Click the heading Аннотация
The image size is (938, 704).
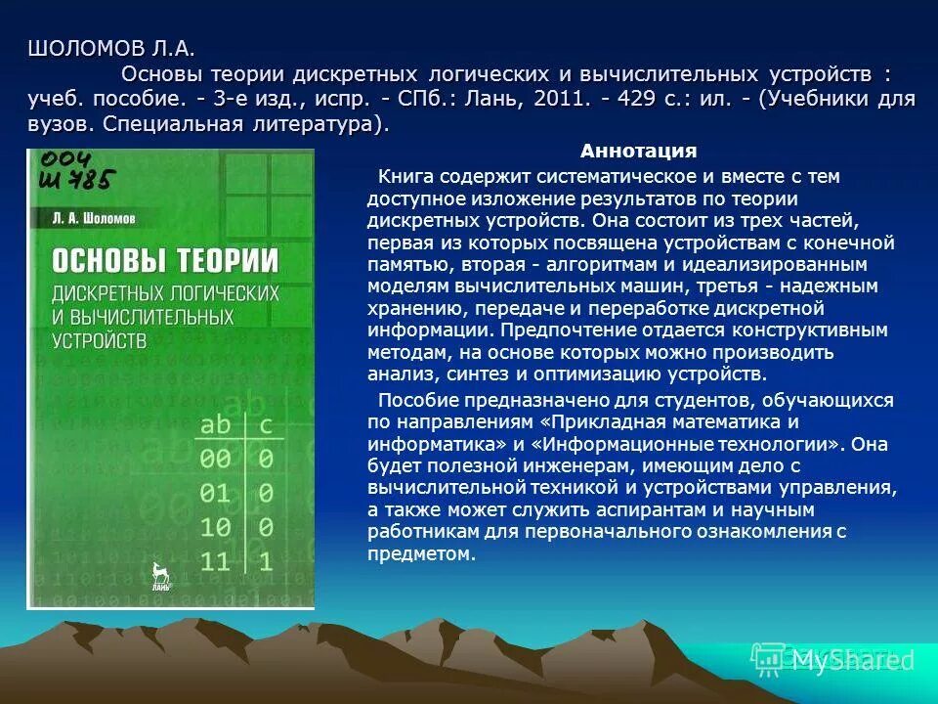[638, 151]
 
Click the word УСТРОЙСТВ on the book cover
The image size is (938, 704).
[99, 340]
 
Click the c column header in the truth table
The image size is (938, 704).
[265, 426]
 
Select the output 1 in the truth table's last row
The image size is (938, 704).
[265, 561]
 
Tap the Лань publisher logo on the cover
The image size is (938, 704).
[160, 577]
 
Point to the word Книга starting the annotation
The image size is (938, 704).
[404, 176]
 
